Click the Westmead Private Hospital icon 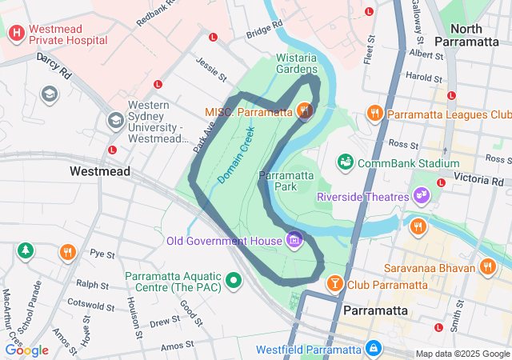pyautogui.click(x=16, y=33)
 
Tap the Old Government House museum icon pyautogui.click(x=294, y=240)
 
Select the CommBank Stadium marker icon pyautogui.click(x=346, y=163)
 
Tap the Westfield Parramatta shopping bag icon pyautogui.click(x=372, y=349)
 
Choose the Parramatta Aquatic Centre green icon pyautogui.click(x=234, y=280)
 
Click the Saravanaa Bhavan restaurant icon pyautogui.click(x=488, y=266)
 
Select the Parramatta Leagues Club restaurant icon pyautogui.click(x=374, y=114)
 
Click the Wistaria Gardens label pyautogui.click(x=297, y=63)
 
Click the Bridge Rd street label pyautogui.click(x=265, y=30)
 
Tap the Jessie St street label pyautogui.click(x=211, y=68)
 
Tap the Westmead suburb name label pyautogui.click(x=94, y=171)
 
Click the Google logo pyautogui.click(x=26, y=350)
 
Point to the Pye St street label pyautogui.click(x=102, y=254)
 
